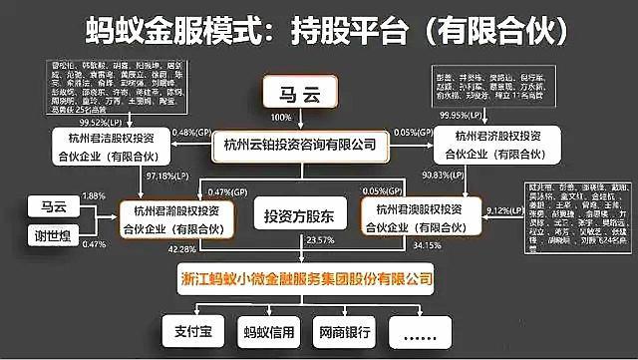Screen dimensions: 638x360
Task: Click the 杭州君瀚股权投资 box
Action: [178, 218]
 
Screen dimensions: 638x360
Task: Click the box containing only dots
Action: [420, 328]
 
